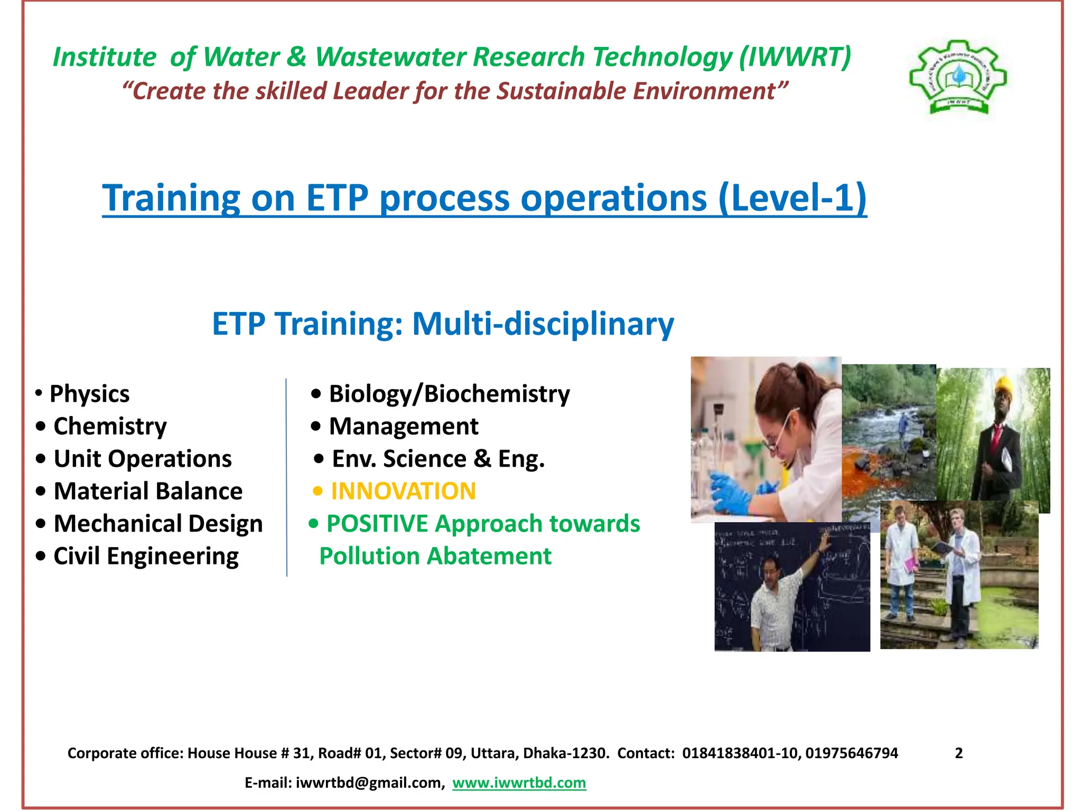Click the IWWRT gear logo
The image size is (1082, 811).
click(958, 77)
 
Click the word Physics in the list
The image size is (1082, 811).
click(89, 394)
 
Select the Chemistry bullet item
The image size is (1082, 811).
click(110, 426)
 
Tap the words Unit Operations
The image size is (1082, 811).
click(143, 459)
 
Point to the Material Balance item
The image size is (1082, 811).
click(148, 491)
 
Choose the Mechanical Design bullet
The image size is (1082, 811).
click(158, 524)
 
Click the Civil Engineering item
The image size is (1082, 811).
click(146, 556)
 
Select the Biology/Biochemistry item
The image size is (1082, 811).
click(449, 394)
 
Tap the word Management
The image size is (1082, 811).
click(403, 426)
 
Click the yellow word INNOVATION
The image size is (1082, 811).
click(403, 491)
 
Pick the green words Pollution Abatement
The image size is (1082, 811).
click(435, 556)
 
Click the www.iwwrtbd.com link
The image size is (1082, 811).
click(519, 782)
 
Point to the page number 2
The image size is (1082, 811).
click(959, 753)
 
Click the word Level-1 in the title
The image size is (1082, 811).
click(792, 197)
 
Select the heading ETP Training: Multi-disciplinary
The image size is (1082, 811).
click(443, 324)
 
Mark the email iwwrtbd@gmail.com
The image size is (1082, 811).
click(368, 782)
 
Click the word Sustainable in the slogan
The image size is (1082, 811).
click(561, 91)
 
